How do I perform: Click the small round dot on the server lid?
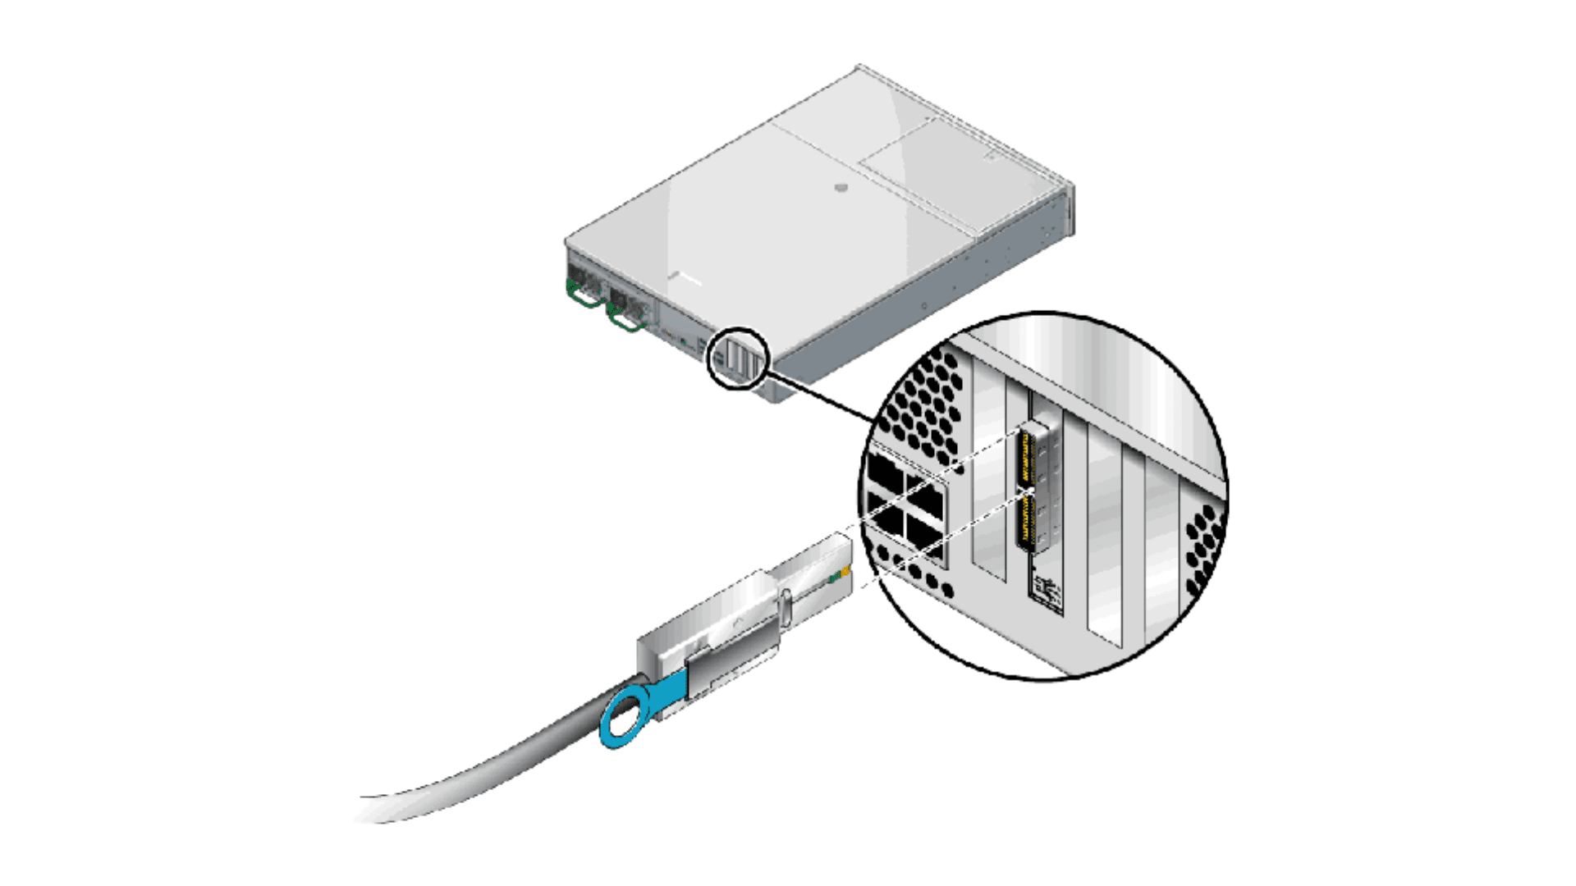[841, 188]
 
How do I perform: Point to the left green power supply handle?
[584, 296]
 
